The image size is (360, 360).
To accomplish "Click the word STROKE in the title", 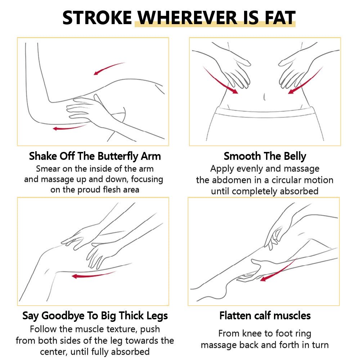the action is pyautogui.click(x=97, y=18).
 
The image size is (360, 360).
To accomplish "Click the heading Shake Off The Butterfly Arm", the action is pyautogui.click(x=95, y=156).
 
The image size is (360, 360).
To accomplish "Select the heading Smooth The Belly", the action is pyautogui.click(x=265, y=156).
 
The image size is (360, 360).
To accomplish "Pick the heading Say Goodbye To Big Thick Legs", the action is pyautogui.click(x=95, y=316).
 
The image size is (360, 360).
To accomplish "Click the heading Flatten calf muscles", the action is pyautogui.click(x=265, y=316).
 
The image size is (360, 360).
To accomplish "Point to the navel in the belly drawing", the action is pyautogui.click(x=264, y=96).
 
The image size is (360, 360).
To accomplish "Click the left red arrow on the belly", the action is pyautogui.click(x=220, y=80).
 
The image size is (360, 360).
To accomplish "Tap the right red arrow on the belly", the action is pyautogui.click(x=305, y=80).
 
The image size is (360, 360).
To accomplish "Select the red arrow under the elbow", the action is pyautogui.click(x=69, y=127).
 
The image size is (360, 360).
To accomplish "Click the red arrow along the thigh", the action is pyautogui.click(x=93, y=275).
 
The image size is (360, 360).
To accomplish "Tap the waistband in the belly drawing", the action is pyautogui.click(x=264, y=112).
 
